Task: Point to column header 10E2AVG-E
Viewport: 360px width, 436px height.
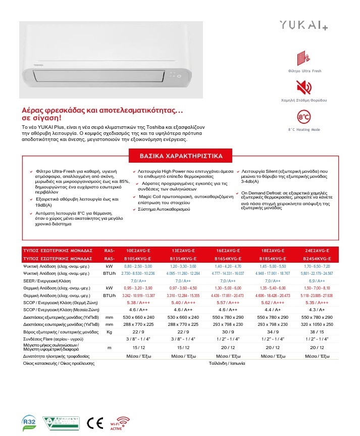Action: pos(138,251)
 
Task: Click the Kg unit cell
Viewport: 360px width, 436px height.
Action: pos(109,331)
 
